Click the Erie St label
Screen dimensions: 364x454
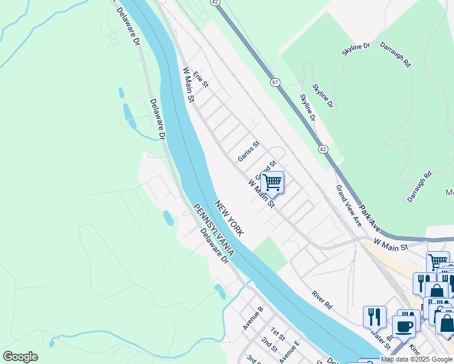pyautogui.click(x=200, y=79)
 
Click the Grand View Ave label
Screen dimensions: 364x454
pyautogui.click(x=349, y=206)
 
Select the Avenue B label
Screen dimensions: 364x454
pyautogui.click(x=252, y=318)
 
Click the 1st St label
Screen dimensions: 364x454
pyautogui.click(x=277, y=334)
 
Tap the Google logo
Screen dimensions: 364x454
pyautogui.click(x=20, y=357)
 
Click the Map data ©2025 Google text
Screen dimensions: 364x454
pyautogui.click(x=417, y=360)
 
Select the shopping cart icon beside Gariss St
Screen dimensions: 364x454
pyautogui.click(x=273, y=181)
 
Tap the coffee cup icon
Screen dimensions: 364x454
pyautogui.click(x=403, y=326)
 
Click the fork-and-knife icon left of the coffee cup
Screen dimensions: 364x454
pyautogui.click(x=374, y=316)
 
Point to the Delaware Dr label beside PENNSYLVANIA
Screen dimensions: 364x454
pyautogui.click(x=215, y=249)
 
